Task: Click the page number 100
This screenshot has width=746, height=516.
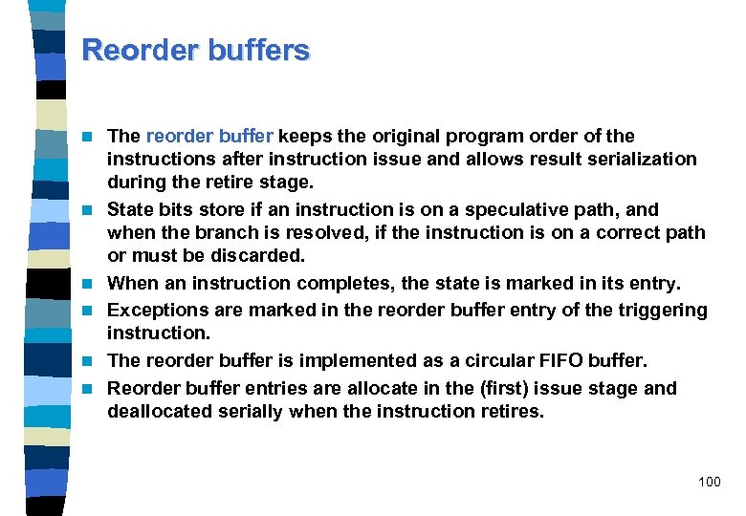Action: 710,482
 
